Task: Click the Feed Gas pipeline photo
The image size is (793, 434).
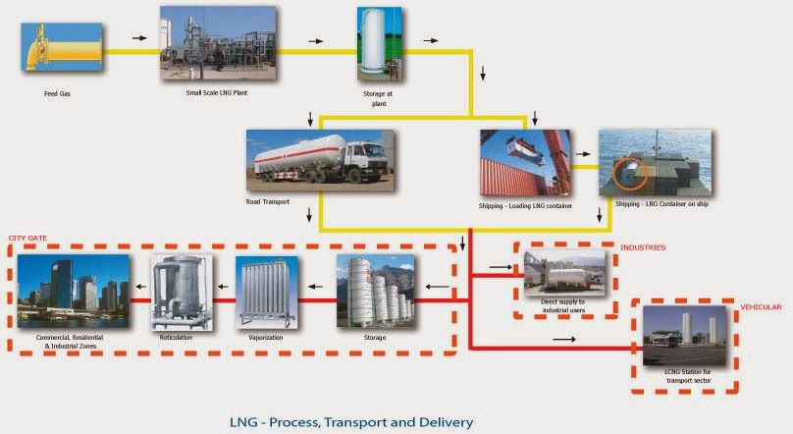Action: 62,47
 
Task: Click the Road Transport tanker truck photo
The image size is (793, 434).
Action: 320,160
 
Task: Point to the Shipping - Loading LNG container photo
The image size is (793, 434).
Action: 524,162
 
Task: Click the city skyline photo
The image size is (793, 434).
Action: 74,291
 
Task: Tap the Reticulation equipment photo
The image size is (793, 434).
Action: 181,291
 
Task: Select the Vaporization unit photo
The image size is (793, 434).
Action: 266,292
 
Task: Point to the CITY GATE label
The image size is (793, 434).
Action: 28,238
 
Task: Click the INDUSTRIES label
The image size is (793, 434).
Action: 644,247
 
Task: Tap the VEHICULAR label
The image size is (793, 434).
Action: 760,307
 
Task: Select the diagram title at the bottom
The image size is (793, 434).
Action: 350,422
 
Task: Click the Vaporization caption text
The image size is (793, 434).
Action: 266,338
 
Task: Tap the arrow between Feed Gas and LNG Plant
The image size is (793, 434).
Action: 138,38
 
